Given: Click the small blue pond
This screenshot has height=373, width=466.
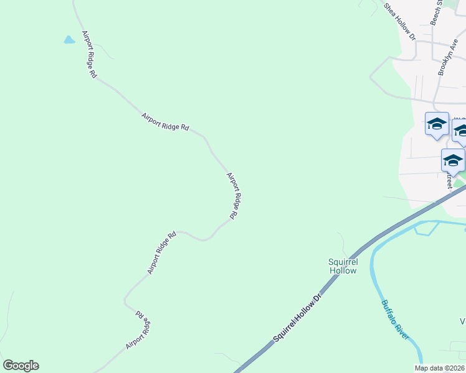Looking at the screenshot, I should pyautogui.click(x=69, y=40).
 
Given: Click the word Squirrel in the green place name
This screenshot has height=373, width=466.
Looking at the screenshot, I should pyautogui.click(x=343, y=262).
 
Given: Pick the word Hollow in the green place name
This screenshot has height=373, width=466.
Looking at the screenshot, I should pyautogui.click(x=343, y=270).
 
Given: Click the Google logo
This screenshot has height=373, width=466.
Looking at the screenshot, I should pyautogui.click(x=21, y=366).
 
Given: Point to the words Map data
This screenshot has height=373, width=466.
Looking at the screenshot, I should pyautogui.click(x=429, y=368).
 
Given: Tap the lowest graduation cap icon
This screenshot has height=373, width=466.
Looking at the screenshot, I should pyautogui.click(x=453, y=160).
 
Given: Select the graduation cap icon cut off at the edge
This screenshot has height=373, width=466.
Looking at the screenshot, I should pyautogui.click(x=460, y=131).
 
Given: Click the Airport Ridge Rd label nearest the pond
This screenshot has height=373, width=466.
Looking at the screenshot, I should pyautogui.click(x=89, y=54).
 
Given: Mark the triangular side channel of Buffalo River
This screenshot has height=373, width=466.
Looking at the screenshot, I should pyautogui.click(x=425, y=228).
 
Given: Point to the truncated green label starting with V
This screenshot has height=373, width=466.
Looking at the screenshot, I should pyautogui.click(x=463, y=321).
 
